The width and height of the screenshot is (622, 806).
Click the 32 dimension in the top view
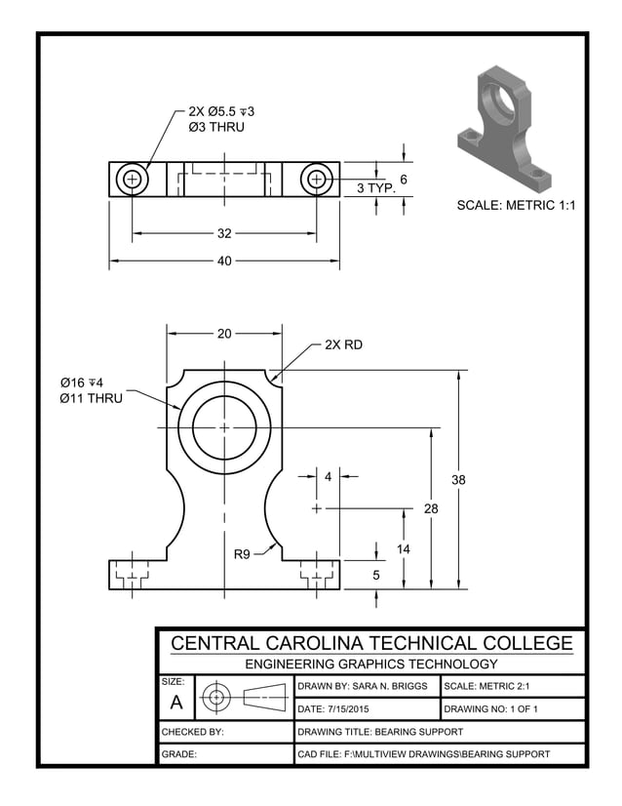(x=224, y=234)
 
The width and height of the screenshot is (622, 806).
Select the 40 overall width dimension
(x=224, y=262)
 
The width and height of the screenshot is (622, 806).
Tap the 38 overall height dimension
(x=459, y=480)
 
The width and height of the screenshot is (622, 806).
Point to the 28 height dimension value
(x=431, y=508)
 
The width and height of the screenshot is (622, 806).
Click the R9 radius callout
(x=243, y=554)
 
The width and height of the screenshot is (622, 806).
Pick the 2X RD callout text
(x=343, y=344)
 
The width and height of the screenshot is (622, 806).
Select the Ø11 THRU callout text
(x=91, y=398)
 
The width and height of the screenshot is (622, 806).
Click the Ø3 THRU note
(x=216, y=127)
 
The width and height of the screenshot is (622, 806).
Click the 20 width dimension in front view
(x=224, y=334)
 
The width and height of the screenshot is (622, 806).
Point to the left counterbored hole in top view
(x=132, y=179)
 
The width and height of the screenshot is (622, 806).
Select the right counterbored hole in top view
(x=316, y=179)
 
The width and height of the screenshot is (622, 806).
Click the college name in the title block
(x=371, y=644)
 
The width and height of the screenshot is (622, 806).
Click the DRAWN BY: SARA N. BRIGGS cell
(x=363, y=686)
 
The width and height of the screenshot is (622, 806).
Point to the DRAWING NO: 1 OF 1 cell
(x=490, y=708)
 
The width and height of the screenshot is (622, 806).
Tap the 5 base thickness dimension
(x=376, y=576)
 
